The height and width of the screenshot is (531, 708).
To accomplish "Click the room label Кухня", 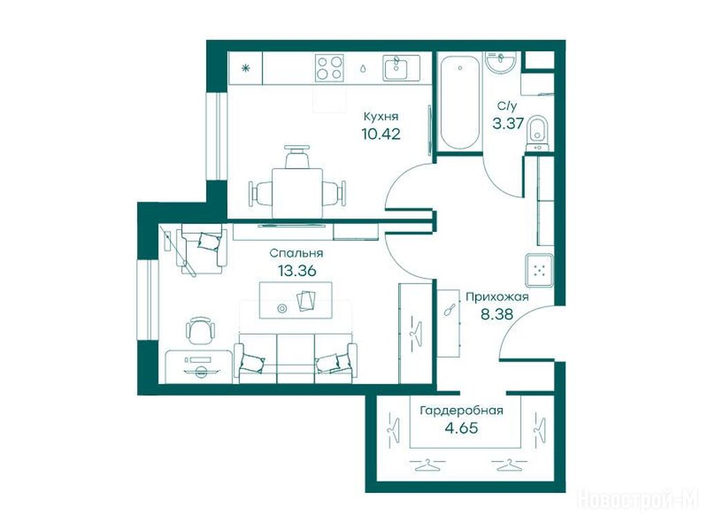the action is [x=381, y=117].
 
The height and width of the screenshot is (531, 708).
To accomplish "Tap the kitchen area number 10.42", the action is [x=381, y=133].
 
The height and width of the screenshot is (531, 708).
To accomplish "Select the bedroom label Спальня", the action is [x=296, y=253].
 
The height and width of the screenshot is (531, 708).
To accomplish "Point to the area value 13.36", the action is [x=296, y=271].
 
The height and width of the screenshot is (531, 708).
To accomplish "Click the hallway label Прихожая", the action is [x=496, y=297].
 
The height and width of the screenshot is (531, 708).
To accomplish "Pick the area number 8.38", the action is [x=496, y=314].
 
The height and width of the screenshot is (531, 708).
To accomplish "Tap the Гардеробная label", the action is [x=461, y=411].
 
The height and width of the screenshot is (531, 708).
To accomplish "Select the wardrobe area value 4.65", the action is [x=461, y=427].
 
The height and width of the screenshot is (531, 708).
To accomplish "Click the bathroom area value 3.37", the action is [x=507, y=123].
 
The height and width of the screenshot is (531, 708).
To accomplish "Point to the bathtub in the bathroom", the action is [x=459, y=102].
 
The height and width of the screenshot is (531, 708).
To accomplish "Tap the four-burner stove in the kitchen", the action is [x=329, y=68].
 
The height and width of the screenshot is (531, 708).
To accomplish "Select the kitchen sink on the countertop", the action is [x=401, y=68].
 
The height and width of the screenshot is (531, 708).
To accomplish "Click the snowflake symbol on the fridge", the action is [x=245, y=68].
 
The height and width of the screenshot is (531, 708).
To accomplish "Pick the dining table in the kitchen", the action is [x=297, y=193].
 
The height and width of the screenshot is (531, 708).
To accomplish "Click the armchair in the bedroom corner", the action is [x=202, y=249].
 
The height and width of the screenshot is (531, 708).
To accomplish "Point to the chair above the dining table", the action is [x=297, y=157].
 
